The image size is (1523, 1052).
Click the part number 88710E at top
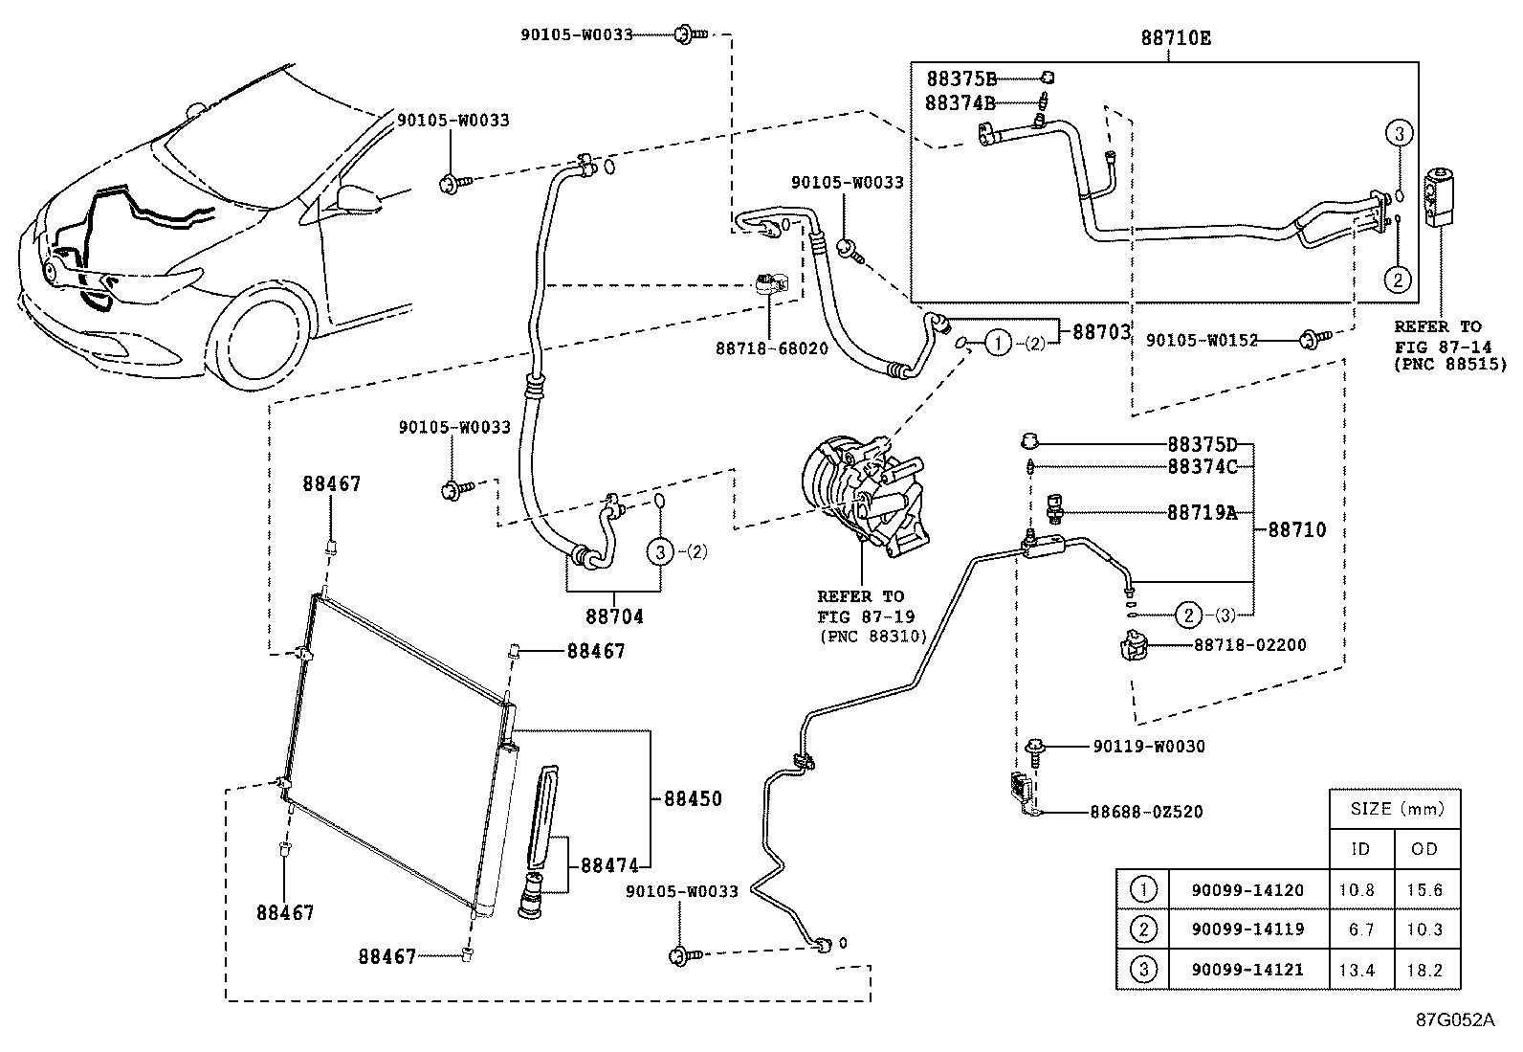1176,38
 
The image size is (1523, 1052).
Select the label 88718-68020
772,349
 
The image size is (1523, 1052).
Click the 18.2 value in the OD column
1424,971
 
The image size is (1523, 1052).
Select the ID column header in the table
1359,849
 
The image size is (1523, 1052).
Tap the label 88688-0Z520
1146,813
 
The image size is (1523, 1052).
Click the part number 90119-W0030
1148,747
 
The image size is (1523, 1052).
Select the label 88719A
1202,513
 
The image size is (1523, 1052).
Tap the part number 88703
1101,332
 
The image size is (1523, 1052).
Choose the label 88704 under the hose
614,616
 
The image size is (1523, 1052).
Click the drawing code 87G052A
1454,1019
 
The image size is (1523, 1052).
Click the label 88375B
960,78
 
